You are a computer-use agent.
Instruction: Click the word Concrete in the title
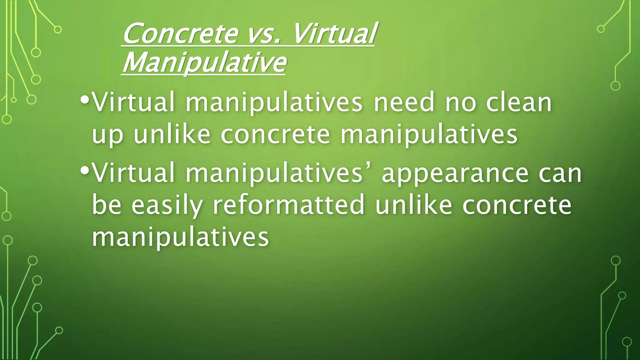pyautogui.click(x=180, y=34)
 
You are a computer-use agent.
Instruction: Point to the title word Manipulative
pyautogui.click(x=204, y=62)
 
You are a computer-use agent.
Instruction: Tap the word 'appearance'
pyautogui.click(x=455, y=174)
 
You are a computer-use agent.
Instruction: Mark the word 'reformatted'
pyautogui.click(x=288, y=205)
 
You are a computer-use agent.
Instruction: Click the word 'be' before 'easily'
pyautogui.click(x=107, y=205)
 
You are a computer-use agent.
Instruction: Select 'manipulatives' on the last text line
pyautogui.click(x=180, y=237)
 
